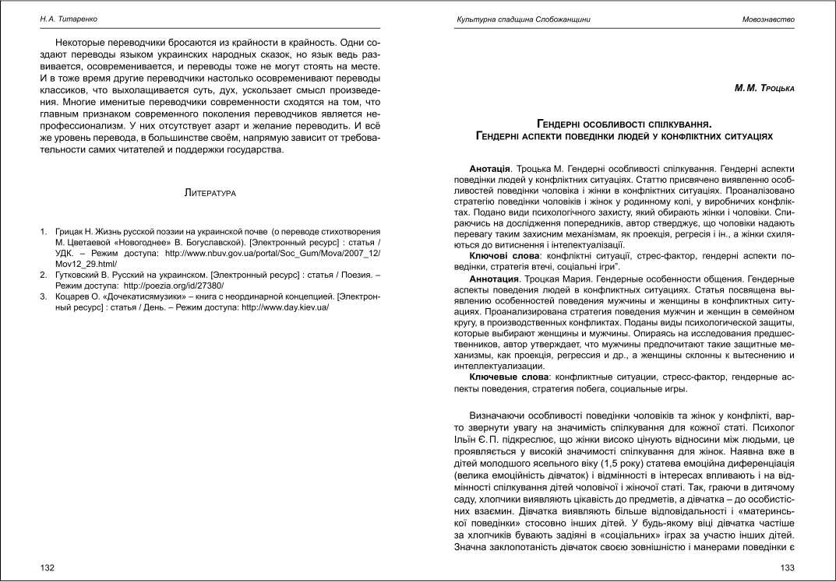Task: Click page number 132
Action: [48, 568]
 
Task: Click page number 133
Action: [787, 568]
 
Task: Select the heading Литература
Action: [211, 191]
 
